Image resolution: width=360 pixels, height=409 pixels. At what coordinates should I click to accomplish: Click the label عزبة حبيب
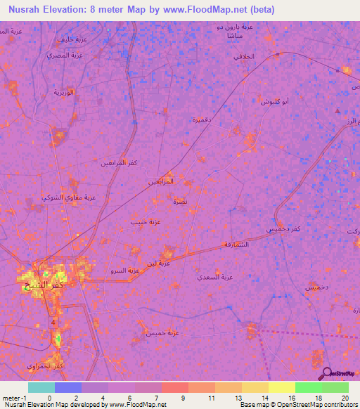(x=145, y=222)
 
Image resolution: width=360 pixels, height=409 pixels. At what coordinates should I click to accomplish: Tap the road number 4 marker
(x=53, y=321)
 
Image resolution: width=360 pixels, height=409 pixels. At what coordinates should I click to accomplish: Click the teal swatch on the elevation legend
(x=41, y=387)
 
